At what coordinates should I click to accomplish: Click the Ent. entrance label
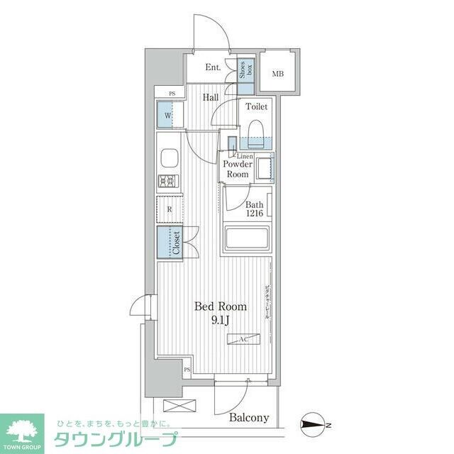pyautogui.click(x=212, y=68)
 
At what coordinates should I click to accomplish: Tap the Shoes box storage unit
pyautogui.click(x=245, y=73)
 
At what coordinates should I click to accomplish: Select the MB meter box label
pyautogui.click(x=277, y=73)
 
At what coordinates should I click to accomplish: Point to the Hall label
pyautogui.click(x=210, y=98)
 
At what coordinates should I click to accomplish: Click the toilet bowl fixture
pyautogui.click(x=256, y=129)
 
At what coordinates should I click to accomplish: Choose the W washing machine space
pyautogui.click(x=168, y=116)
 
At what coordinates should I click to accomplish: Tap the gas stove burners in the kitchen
pyautogui.click(x=170, y=182)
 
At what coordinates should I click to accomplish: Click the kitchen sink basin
pyautogui.click(x=170, y=157)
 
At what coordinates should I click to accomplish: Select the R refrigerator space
pyautogui.click(x=170, y=209)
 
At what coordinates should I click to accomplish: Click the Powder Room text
pyautogui.click(x=237, y=169)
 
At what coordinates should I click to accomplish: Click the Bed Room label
pyautogui.click(x=221, y=307)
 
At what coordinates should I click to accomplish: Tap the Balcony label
pyautogui.click(x=249, y=418)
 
